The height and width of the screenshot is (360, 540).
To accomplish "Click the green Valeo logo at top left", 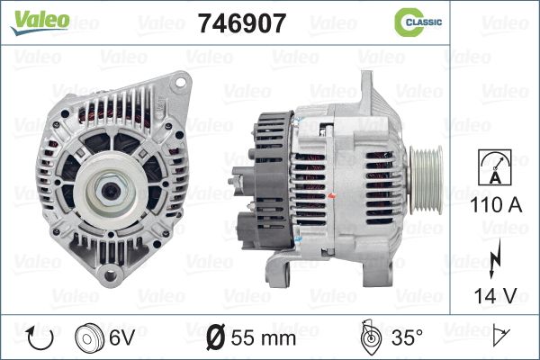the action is pyautogui.click(x=40, y=22).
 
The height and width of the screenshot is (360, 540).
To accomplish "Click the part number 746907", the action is pyautogui.click(x=242, y=23).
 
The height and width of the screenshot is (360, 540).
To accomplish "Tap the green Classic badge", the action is pyautogui.click(x=418, y=22).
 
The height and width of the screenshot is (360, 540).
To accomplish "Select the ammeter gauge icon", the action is pyautogui.click(x=495, y=167).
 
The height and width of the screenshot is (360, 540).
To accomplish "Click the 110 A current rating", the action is pyautogui.click(x=496, y=205).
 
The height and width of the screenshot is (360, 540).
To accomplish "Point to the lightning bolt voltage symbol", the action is pyautogui.click(x=494, y=258).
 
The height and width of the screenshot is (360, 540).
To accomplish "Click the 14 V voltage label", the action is pyautogui.click(x=496, y=295).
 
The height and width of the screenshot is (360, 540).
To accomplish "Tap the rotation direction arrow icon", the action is pyautogui.click(x=40, y=338).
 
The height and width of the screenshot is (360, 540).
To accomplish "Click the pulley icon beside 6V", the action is pyautogui.click(x=89, y=338).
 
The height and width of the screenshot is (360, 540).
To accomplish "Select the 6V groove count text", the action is pyautogui.click(x=121, y=337).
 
